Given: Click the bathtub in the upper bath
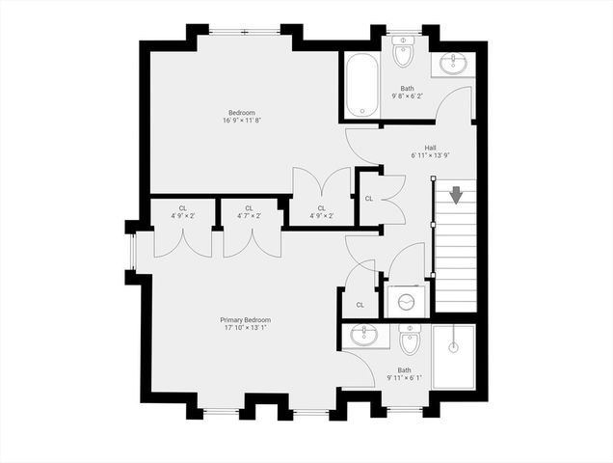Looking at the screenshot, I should pyautogui.click(x=361, y=86).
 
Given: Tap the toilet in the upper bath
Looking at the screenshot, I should pyautogui.click(x=403, y=53).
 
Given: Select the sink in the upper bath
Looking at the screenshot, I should pyautogui.click(x=454, y=64).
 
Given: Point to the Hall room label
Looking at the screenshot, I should pyautogui.click(x=417, y=148).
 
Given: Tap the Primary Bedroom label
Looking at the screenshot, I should pyautogui.click(x=245, y=320).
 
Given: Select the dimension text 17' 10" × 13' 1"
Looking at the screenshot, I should pyautogui.click(x=245, y=328).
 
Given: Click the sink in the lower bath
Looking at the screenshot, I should pyautogui.click(x=364, y=337).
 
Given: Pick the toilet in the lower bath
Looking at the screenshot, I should pyautogui.click(x=410, y=340).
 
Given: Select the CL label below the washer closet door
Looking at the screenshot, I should pyautogui.click(x=360, y=305).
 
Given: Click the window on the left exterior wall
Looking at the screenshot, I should pyautogui.click(x=131, y=253).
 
